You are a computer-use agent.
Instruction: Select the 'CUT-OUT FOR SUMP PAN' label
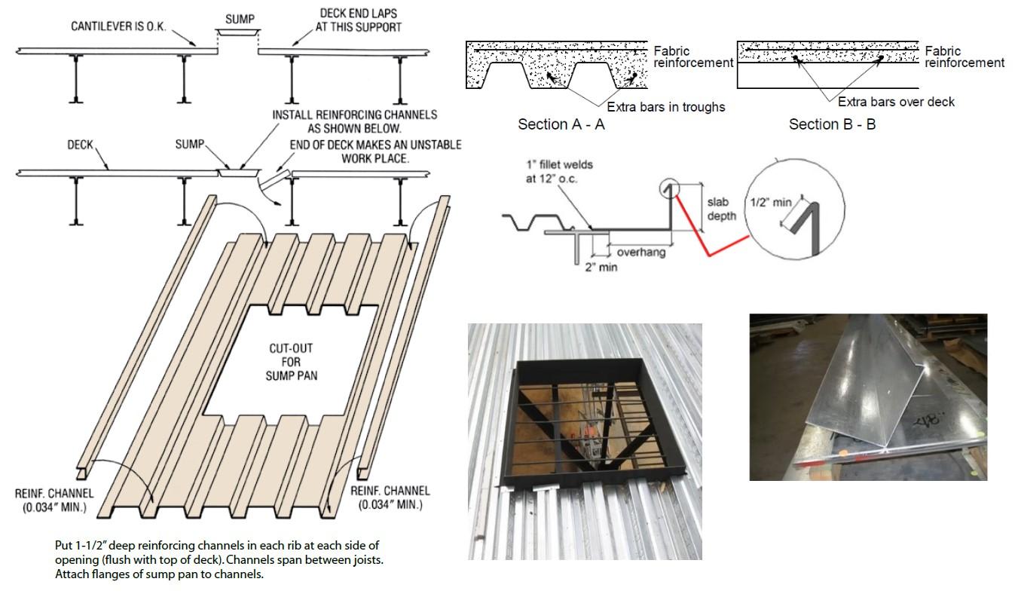pyautogui.click(x=290, y=362)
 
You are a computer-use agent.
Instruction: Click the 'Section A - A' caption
pyautogui.click(x=561, y=124)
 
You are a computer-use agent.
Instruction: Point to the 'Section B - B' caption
pyautogui.click(x=832, y=124)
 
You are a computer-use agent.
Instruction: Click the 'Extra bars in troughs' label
pyautogui.click(x=665, y=107)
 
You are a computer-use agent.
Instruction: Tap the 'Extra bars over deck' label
pyautogui.click(x=896, y=102)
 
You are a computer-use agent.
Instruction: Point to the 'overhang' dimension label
pyautogui.click(x=640, y=253)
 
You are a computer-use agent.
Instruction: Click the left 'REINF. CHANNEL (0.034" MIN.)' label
pyautogui.click(x=54, y=500)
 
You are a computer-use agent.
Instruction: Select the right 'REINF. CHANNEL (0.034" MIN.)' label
pyautogui.click(x=390, y=497)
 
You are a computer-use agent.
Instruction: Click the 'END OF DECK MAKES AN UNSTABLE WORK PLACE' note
pyautogui.click(x=375, y=152)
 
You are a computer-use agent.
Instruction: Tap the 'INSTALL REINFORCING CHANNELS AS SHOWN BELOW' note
pyautogui.click(x=354, y=121)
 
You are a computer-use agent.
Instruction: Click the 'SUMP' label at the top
pyautogui.click(x=240, y=19)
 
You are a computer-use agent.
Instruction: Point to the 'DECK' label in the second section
pyautogui.click(x=80, y=145)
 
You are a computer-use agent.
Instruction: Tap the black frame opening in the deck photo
pyautogui.click(x=584, y=422)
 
